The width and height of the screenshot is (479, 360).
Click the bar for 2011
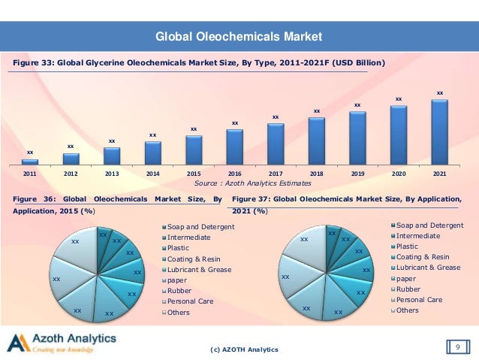[x=29, y=162]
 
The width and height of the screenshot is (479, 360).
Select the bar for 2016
[x=234, y=147]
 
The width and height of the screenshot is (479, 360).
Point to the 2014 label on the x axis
[x=152, y=173]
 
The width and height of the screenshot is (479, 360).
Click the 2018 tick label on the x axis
[x=316, y=173]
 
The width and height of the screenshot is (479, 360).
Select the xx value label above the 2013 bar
[x=111, y=141]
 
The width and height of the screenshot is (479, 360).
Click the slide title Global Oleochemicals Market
[x=238, y=36]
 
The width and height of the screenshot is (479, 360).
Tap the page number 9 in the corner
[x=456, y=346]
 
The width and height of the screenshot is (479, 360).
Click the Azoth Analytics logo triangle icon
[x=17, y=343]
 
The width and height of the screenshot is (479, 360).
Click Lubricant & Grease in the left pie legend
[x=199, y=269]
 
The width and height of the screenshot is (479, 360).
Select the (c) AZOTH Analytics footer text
[x=246, y=349]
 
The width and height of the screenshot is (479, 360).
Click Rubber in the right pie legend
[x=409, y=289]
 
